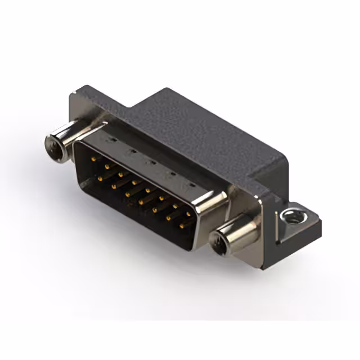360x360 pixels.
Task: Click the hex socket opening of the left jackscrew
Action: (53, 148)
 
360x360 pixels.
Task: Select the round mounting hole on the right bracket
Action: (290, 215)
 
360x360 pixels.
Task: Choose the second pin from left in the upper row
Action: (105, 167)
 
